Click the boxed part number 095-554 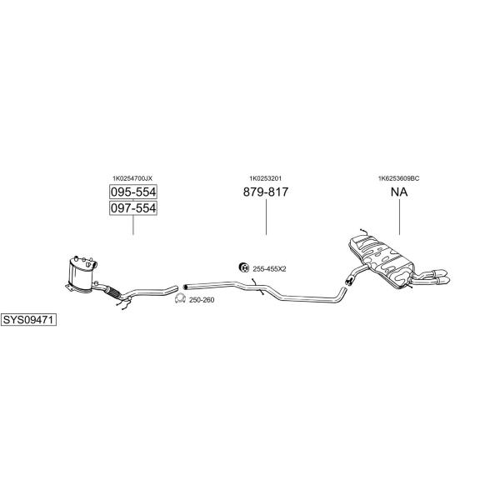[x=133, y=192]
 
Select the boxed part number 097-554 [x=133, y=207]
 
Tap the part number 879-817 [x=266, y=192]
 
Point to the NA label [x=399, y=192]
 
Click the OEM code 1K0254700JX [x=132, y=178]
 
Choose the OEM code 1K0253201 [x=265, y=178]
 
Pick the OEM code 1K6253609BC [x=399, y=178]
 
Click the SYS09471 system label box [x=28, y=319]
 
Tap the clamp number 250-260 [x=202, y=300]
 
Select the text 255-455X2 [x=269, y=269]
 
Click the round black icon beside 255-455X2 [x=244, y=267]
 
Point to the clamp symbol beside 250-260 [x=181, y=298]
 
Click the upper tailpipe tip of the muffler [x=439, y=273]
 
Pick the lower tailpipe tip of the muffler [x=443, y=280]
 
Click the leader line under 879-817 [x=267, y=217]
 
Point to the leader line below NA [x=399, y=217]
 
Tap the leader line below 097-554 [x=133, y=225]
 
